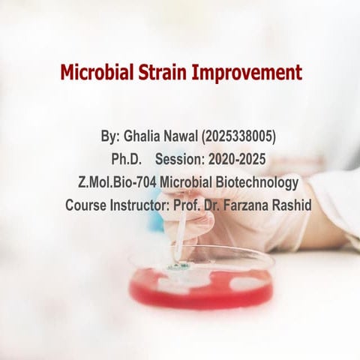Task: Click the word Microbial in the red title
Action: pos(97,73)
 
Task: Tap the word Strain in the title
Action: pos(164,73)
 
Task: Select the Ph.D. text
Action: pos(126,160)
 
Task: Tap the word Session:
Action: pos(179,160)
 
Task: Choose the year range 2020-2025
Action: pos(236,160)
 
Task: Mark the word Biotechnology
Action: pos(254,182)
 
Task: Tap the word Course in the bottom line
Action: pos(85,205)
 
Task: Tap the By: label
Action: pos(109,137)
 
